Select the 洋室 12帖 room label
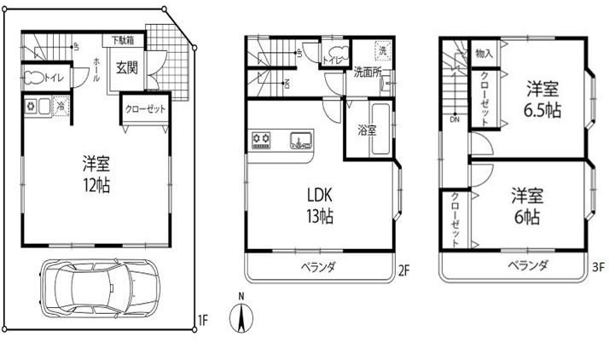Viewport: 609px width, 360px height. [x=96, y=172]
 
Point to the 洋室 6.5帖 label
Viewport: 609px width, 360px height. [x=542, y=99]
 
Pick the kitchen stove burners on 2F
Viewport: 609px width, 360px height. [x=260, y=140]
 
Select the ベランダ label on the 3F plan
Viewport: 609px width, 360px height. [x=526, y=266]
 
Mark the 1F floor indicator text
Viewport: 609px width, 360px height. [x=202, y=321]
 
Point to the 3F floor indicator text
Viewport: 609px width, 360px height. [x=599, y=266]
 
